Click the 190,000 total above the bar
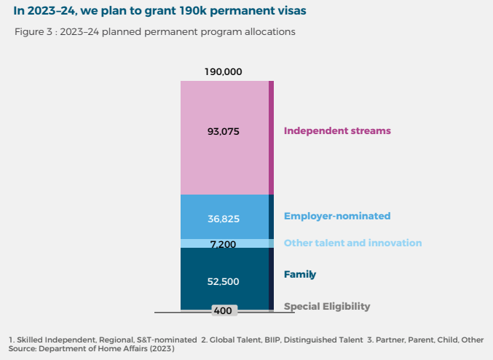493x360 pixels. pos(224,71)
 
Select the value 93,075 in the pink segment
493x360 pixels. pos(224,131)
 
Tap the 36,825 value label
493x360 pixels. pos(224,219)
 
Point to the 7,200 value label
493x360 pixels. pos(223,244)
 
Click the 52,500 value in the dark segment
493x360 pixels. pos(224,281)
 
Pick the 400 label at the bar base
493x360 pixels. pos(223,311)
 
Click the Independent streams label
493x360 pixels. pos(337,130)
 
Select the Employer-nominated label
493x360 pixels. pos(337,216)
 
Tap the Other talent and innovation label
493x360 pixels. pos(352,243)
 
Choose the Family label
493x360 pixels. pos(300,275)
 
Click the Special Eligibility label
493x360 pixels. pos(327,307)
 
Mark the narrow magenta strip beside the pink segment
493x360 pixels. pos(271,138)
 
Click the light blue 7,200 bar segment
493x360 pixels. pos(224,243)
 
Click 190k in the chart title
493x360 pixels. pos(193,11)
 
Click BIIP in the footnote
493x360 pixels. pos(272,340)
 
